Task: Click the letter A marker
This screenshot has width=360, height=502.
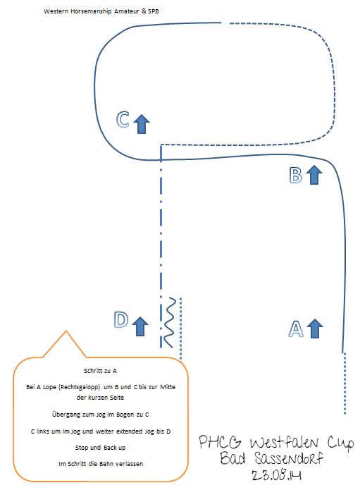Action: pyautogui.click(x=296, y=329)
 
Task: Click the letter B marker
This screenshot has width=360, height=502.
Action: pyautogui.click(x=295, y=176)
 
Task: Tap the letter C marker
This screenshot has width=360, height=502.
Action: pyautogui.click(x=123, y=120)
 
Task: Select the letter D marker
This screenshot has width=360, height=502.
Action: pyautogui.click(x=121, y=320)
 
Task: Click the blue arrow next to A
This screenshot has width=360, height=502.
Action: pyautogui.click(x=315, y=329)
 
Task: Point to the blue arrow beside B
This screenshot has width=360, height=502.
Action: pyautogui.click(x=314, y=175)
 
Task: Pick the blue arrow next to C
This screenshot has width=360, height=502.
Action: pyautogui.click(x=142, y=124)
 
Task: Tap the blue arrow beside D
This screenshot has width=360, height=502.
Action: pyautogui.click(x=140, y=326)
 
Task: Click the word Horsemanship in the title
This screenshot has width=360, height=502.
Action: pyautogui.click(x=87, y=11)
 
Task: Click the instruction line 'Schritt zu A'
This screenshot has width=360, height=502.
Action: pyautogui.click(x=100, y=371)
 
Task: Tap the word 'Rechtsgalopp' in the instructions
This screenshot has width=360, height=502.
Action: pyautogui.click(x=80, y=387)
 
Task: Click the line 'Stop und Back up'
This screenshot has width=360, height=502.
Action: pyautogui.click(x=100, y=447)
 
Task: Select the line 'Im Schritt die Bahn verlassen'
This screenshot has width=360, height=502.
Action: pyautogui.click(x=101, y=464)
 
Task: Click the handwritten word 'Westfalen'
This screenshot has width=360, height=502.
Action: pyautogui.click(x=285, y=443)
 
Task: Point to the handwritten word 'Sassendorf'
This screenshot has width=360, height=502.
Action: pyautogui.click(x=289, y=458)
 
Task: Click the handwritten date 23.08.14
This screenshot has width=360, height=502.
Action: pyautogui.click(x=276, y=475)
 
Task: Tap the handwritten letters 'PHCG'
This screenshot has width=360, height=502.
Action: pyautogui.click(x=220, y=442)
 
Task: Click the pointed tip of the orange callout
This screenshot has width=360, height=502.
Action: pyautogui.click(x=66, y=331)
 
